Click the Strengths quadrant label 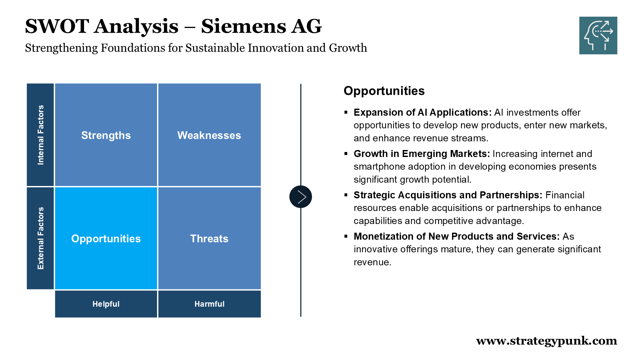pyautogui.click(x=106, y=135)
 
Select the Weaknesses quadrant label pyautogui.click(x=209, y=135)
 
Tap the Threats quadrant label pyautogui.click(x=209, y=239)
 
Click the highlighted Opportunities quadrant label pyautogui.click(x=106, y=239)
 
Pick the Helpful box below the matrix pyautogui.click(x=106, y=304)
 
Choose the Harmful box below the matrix pyautogui.click(x=209, y=304)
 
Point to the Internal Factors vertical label pyautogui.click(x=41, y=135)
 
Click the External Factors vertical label pyautogui.click(x=41, y=238)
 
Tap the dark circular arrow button pyautogui.click(x=301, y=197)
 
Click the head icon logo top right pyautogui.click(x=598, y=35)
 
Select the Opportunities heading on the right pyautogui.click(x=384, y=91)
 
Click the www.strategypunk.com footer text pyautogui.click(x=547, y=341)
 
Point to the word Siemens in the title pyautogui.click(x=243, y=26)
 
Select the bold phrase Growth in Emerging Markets pyautogui.click(x=422, y=154)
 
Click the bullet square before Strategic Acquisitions pyautogui.click(x=346, y=195)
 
